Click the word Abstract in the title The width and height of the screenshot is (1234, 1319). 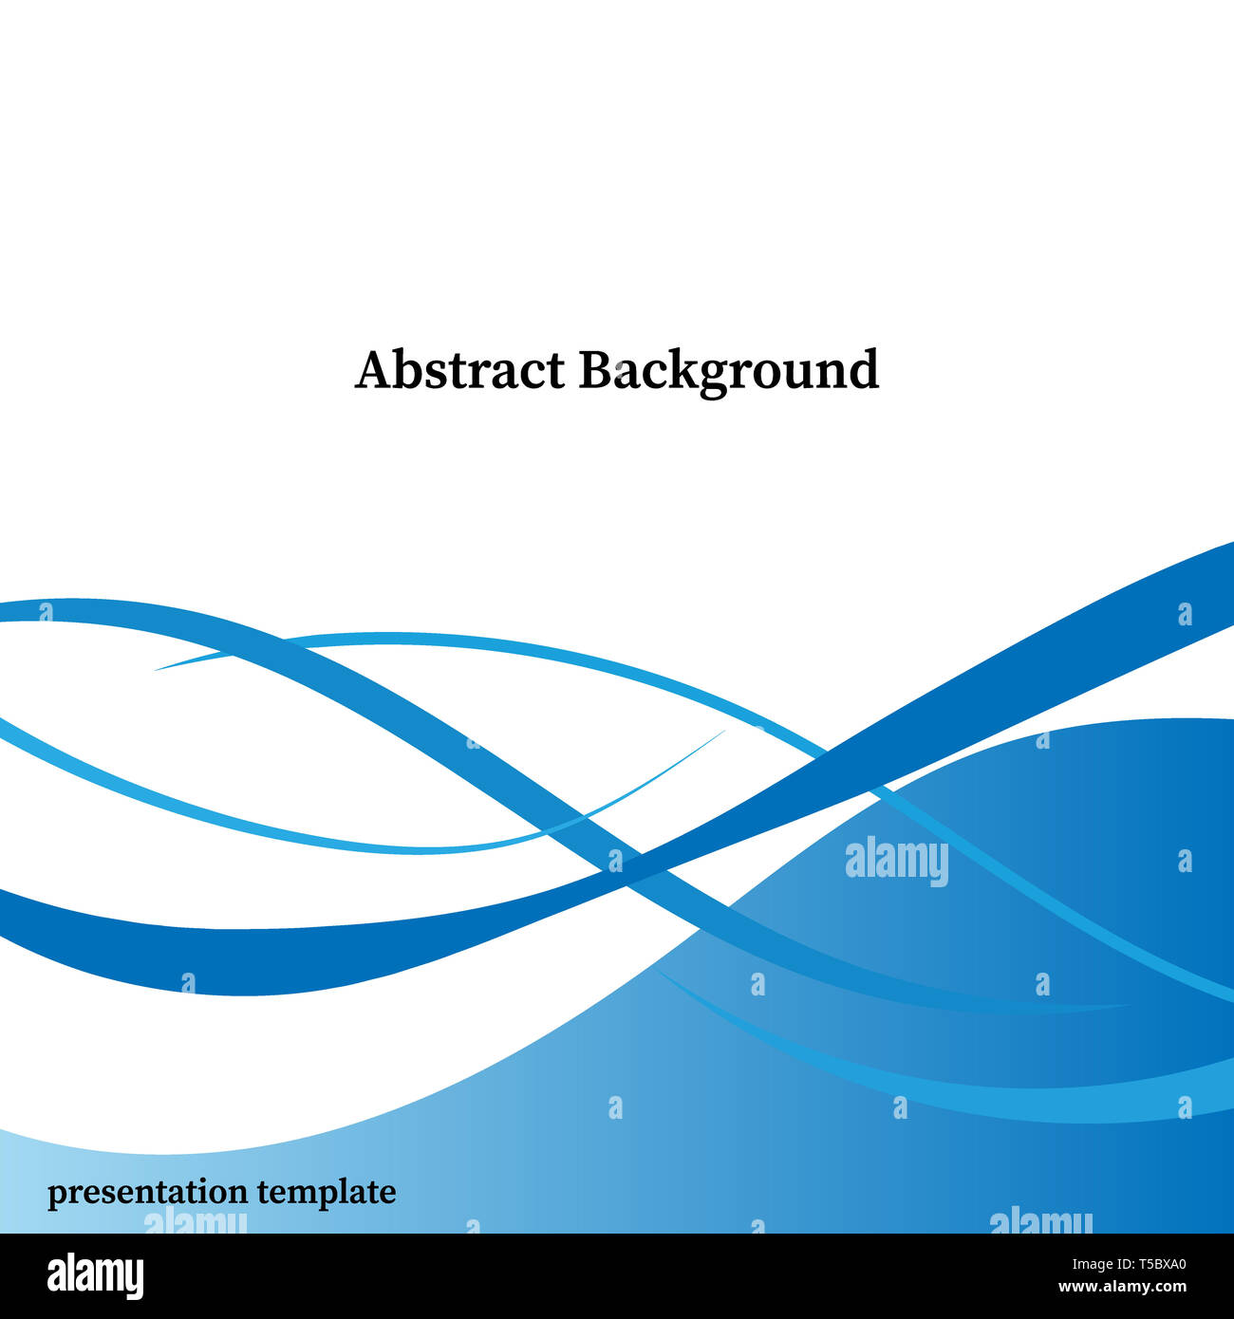460,370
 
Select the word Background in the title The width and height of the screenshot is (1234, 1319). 728,371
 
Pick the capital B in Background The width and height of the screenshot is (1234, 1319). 595,370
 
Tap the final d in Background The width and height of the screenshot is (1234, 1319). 863,370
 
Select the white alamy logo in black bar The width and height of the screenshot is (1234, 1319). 96,1276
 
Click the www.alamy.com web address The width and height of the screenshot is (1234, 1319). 1122,1288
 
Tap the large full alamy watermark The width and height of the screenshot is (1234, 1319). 896,861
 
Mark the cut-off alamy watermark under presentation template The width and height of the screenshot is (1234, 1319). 195,1222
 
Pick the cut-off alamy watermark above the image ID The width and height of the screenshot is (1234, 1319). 1040,1222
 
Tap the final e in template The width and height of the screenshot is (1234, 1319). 387,1193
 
